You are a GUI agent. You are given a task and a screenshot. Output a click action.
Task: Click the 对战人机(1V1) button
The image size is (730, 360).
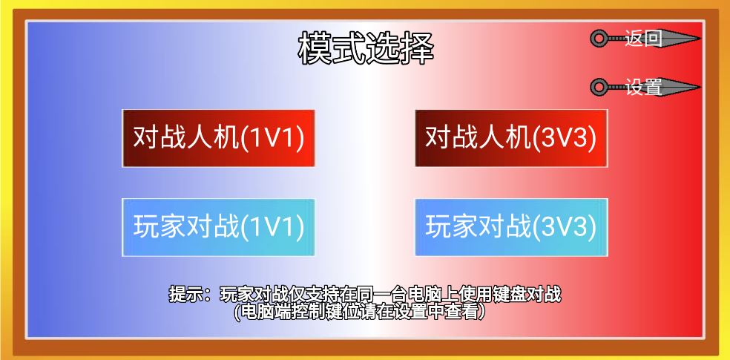[x=218, y=138]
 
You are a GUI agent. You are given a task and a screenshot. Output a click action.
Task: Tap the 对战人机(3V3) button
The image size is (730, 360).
[x=511, y=138]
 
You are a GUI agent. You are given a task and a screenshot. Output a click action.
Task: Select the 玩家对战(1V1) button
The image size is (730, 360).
[x=218, y=227]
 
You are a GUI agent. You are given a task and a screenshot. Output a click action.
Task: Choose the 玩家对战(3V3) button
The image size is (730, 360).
[x=511, y=227]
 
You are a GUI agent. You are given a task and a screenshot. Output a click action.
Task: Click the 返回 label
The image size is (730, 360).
[x=643, y=38]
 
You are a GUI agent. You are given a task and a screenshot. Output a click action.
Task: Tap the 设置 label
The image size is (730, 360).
[x=643, y=87]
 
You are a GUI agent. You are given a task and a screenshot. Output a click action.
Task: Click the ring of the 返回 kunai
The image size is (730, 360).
[x=599, y=38]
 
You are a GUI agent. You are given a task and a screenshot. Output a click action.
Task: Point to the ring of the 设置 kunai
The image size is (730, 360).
[x=599, y=87]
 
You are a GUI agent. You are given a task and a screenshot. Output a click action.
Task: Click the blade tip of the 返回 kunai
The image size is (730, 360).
[x=700, y=38]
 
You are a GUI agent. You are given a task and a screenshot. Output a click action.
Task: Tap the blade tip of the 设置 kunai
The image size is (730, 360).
[x=700, y=87]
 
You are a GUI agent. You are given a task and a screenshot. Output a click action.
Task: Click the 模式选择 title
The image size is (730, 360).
[x=366, y=48]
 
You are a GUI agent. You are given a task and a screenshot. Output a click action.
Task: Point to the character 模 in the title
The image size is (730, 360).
[x=315, y=48]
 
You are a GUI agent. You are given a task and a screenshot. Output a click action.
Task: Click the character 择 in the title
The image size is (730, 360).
[x=418, y=48]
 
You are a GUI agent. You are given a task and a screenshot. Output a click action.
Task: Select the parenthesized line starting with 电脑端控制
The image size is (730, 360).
[x=360, y=312]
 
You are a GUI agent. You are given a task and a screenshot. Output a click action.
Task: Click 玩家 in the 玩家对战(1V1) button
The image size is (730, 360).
[x=160, y=227]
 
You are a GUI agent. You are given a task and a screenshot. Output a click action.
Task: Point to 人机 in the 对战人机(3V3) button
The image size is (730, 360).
[x=505, y=138]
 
